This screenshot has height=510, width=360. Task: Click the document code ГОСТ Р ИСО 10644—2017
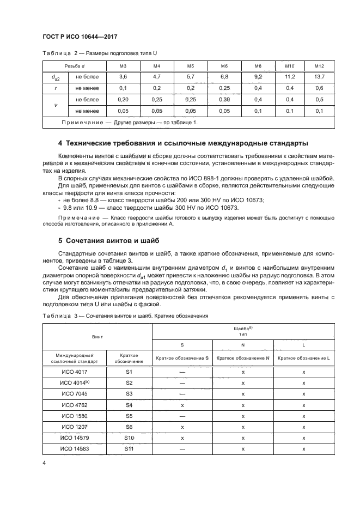pyautogui.click(x=80, y=37)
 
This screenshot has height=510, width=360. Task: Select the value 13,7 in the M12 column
pyautogui.click(x=320, y=77)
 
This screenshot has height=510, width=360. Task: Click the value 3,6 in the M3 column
pyautogui.click(x=123, y=77)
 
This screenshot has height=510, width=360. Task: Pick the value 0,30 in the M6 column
pyautogui.click(x=224, y=100)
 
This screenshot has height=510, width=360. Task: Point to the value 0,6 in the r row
pyautogui.click(x=320, y=88)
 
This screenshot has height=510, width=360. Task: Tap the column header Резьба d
pyautogui.click(x=76, y=66)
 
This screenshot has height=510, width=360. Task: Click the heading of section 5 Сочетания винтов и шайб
pyautogui.click(x=111, y=240)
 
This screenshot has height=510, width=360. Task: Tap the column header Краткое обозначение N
pyautogui.click(x=243, y=358)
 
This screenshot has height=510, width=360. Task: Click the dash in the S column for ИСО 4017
pyautogui.click(x=182, y=372)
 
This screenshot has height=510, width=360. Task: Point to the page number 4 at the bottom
pyautogui.click(x=44, y=463)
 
